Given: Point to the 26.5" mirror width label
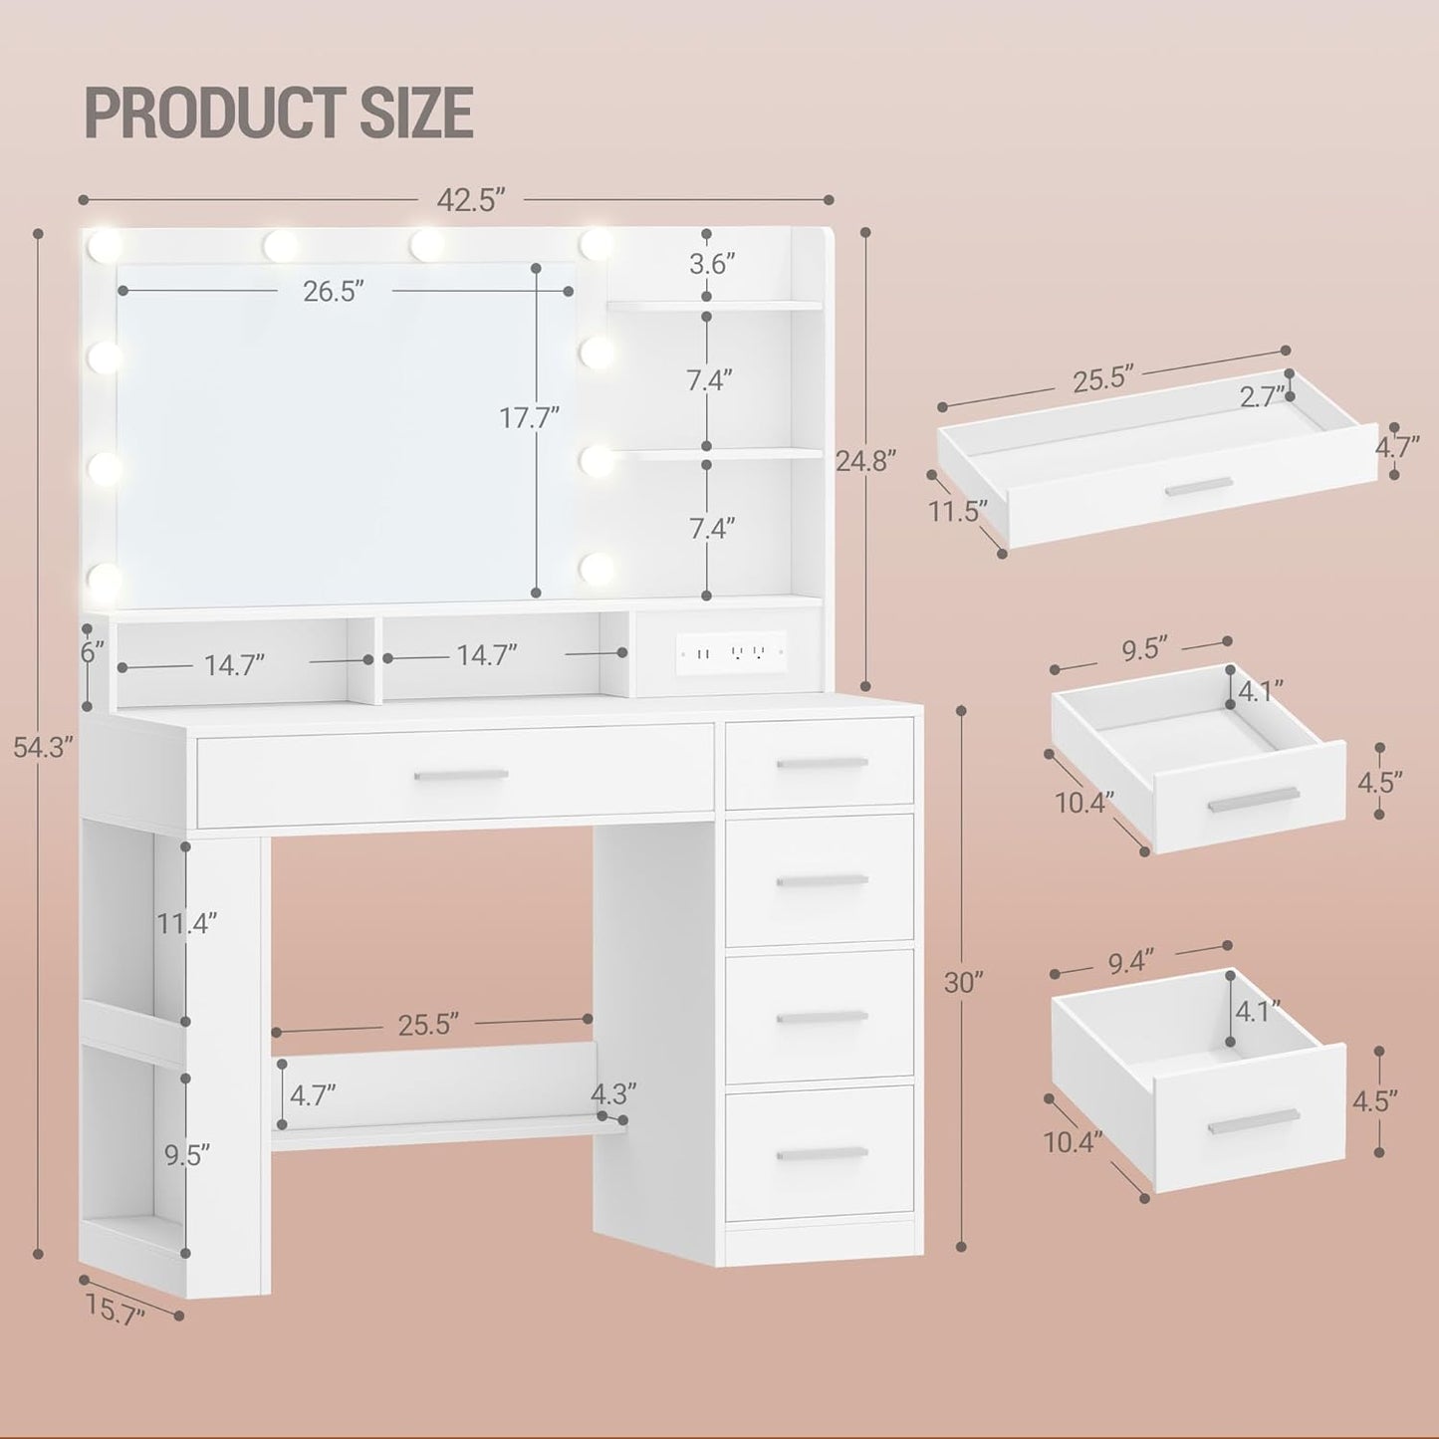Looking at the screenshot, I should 334,291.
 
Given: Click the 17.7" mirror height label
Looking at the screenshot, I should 529,417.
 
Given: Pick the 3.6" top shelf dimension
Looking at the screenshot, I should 712,264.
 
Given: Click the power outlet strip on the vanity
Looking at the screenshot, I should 732,653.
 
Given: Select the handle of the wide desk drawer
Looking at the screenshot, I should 460,775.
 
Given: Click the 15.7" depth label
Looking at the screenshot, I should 116,1308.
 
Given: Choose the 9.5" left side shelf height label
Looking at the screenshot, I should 187,1155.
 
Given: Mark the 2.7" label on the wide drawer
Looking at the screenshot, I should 1262,397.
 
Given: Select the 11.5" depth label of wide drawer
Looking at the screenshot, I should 958,511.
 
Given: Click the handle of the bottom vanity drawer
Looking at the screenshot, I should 821,1153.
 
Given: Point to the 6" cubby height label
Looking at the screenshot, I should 92,653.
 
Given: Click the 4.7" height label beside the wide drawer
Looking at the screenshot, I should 1396,447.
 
